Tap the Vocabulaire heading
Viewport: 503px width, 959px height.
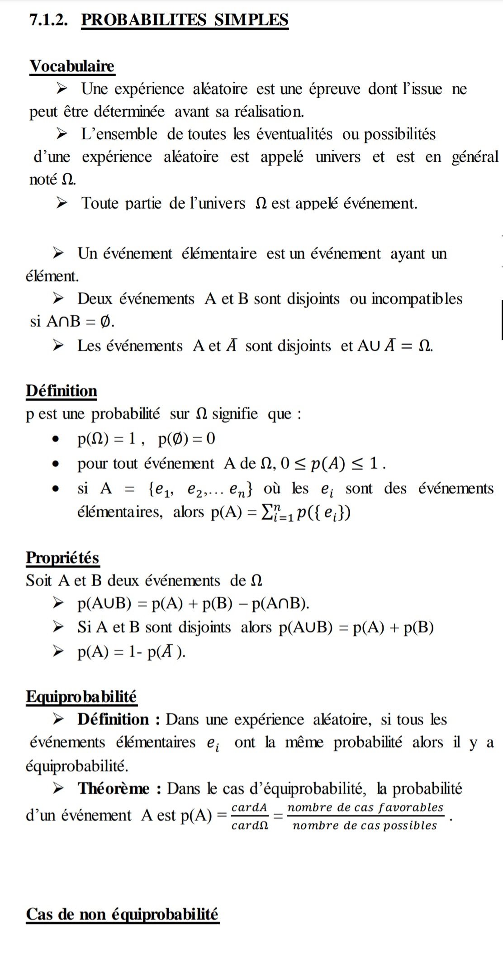pos(72,66)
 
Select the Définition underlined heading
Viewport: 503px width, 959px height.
pos(62,391)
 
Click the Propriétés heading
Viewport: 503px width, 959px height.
pos(62,557)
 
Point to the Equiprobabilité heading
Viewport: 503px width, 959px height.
pos(81,696)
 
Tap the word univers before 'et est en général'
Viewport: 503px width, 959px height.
pos(338,157)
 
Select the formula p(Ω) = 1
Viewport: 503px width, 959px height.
pos(107,439)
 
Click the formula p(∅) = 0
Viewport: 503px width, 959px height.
pos(186,439)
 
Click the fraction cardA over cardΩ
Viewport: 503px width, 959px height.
pos(250,816)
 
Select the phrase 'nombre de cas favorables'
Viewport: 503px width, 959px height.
pos(365,807)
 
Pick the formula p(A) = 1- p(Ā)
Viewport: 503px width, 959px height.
pos(131,652)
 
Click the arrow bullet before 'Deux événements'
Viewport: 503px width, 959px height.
pos(58,299)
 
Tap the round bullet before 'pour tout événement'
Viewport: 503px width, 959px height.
pos(56,464)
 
